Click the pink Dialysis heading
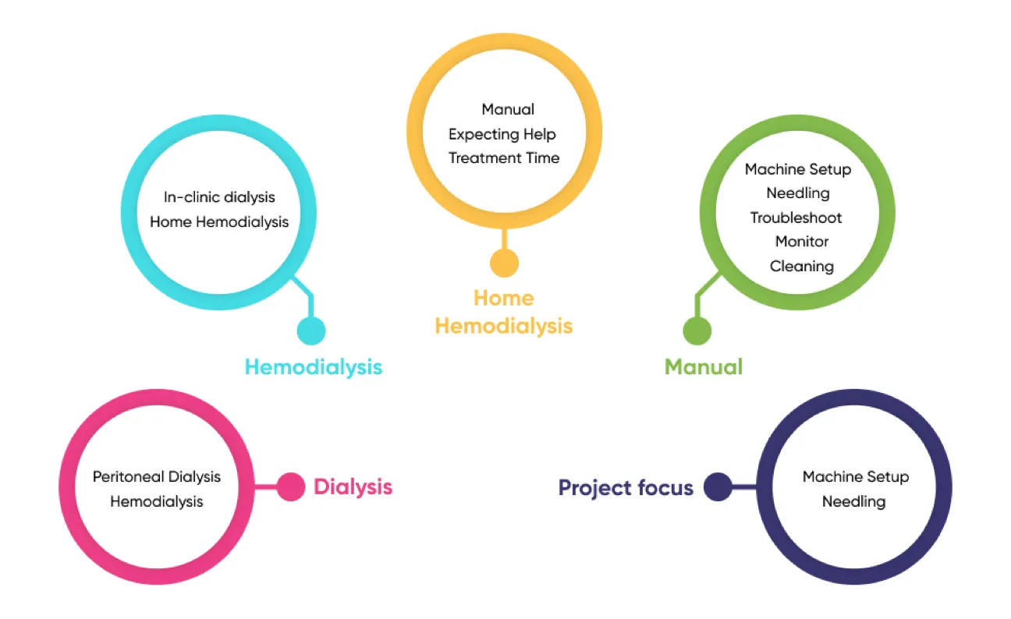pos(353,487)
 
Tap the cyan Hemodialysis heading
pos(314,366)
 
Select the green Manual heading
pos(703,366)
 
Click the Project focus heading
pos(626,488)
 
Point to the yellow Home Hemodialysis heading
pos(504,312)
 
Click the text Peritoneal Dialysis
pos(157,476)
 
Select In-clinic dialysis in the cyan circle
pos(219,197)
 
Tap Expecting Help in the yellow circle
pos(502,134)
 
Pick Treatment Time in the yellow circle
pos(504,157)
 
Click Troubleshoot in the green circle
pos(796,218)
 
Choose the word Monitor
pos(802,242)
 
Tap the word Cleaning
pos(802,266)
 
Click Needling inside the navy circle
pos(854,501)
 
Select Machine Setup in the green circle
pos(798,169)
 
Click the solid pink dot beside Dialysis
pos(291,487)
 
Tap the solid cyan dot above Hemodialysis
pos(311,331)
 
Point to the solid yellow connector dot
pos(504,263)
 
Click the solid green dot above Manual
pos(697,331)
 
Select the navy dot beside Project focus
pos(718,488)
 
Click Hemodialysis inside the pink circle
pos(157,501)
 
